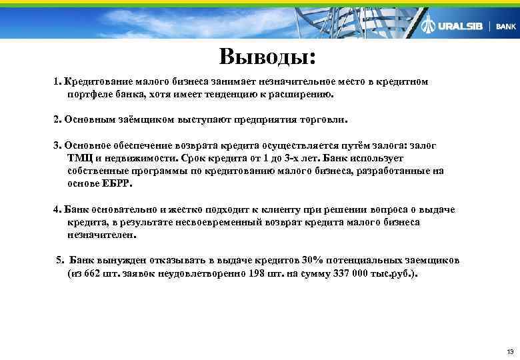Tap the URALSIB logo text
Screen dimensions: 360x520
coord(459,27)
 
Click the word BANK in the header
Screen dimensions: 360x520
coord(506,27)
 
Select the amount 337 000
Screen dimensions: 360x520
coord(342,273)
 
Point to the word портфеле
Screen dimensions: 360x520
coord(89,95)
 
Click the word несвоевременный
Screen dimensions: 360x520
coord(222,222)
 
